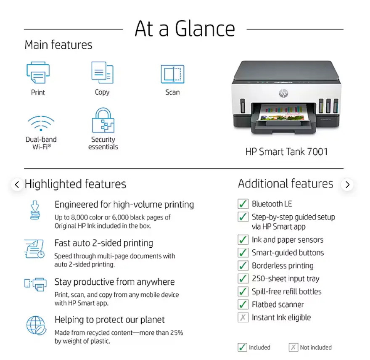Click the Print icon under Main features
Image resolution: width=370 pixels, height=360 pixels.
pyautogui.click(x=38, y=72)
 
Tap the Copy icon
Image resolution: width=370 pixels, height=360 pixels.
pyautogui.click(x=103, y=72)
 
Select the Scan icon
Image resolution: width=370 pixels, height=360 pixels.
pyautogui.click(x=172, y=74)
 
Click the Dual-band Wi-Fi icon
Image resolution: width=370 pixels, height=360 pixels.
pyautogui.click(x=41, y=123)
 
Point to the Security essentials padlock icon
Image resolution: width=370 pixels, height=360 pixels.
pyautogui.click(x=103, y=120)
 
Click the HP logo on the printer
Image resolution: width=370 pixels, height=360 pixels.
pyautogui.click(x=283, y=93)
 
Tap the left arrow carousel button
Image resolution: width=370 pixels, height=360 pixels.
pyautogui.click(x=17, y=184)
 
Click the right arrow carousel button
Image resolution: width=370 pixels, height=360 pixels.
pyautogui.click(x=347, y=184)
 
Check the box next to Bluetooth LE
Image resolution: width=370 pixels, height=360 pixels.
pyautogui.click(x=243, y=204)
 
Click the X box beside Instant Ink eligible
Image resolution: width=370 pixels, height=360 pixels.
pyautogui.click(x=243, y=317)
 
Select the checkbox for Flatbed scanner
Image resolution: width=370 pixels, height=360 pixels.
pyautogui.click(x=243, y=304)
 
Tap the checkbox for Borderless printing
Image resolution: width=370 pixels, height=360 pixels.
pyautogui.click(x=243, y=265)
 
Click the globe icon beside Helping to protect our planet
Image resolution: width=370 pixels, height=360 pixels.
pyautogui.click(x=36, y=326)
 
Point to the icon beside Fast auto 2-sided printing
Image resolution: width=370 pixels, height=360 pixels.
pyautogui.click(x=34, y=249)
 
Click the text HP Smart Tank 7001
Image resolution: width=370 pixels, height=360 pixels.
pyautogui.click(x=286, y=151)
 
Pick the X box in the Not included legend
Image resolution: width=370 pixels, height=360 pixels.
pyautogui.click(x=293, y=347)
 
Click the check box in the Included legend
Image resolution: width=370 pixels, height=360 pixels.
pyautogui.click(x=242, y=347)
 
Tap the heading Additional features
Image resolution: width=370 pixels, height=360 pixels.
pyautogui.click(x=285, y=183)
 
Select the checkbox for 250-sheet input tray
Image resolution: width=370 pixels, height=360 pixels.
pyautogui.click(x=243, y=278)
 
